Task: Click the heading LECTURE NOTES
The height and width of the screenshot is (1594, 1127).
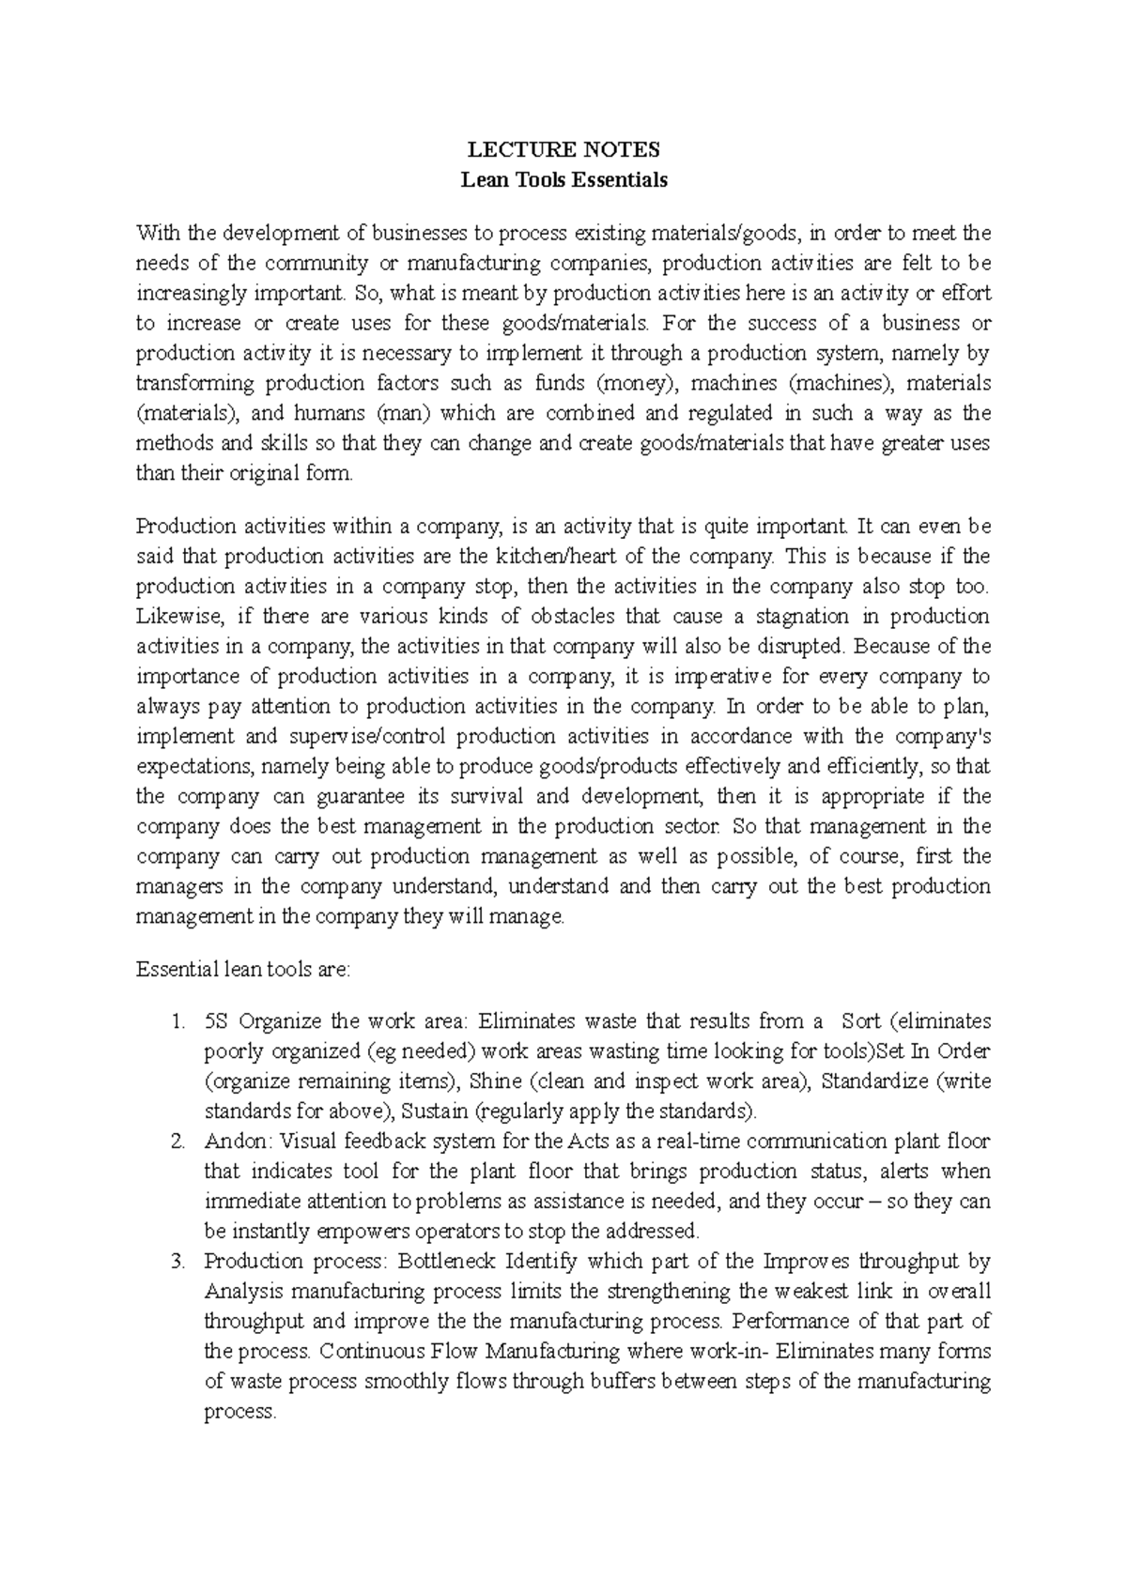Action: (x=563, y=150)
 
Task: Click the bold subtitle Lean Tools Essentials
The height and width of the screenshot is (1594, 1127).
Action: (x=563, y=180)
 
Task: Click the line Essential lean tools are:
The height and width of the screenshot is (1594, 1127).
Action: (x=242, y=970)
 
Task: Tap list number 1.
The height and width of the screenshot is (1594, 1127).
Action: (x=179, y=1021)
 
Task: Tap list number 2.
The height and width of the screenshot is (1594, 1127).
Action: (x=179, y=1142)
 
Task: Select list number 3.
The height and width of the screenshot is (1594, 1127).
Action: (x=179, y=1262)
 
